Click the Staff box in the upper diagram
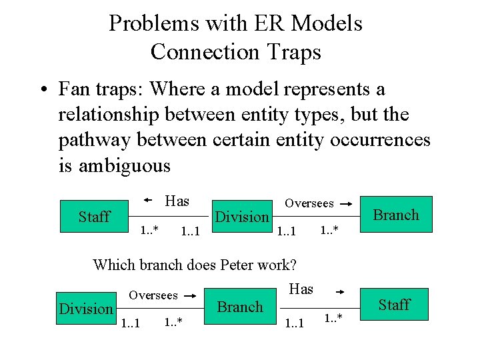pyautogui.click(x=94, y=216)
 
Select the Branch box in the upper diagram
pyautogui.click(x=396, y=215)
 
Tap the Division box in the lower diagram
pyautogui.click(x=86, y=309)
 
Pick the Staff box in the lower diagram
pyautogui.click(x=394, y=305)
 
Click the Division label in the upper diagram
pyautogui.click(x=242, y=217)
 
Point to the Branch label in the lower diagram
pyautogui.click(x=240, y=307)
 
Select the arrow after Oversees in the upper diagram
pyautogui.click(x=345, y=203)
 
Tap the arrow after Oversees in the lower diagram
pyautogui.click(x=190, y=295)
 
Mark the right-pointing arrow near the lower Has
pyautogui.click(x=340, y=291)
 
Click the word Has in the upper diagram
pyautogui.click(x=177, y=201)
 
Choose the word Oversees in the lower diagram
pyautogui.click(x=153, y=295)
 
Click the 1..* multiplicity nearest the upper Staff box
pyautogui.click(x=148, y=231)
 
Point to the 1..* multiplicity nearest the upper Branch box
pyautogui.click(x=329, y=231)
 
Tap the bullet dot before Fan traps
pyautogui.click(x=42, y=89)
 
